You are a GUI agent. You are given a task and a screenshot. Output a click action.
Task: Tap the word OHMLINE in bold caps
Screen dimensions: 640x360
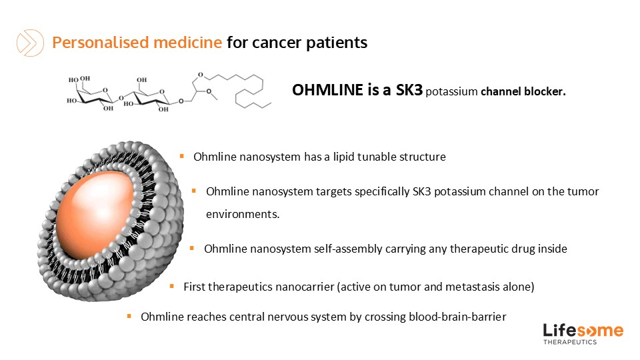point(327,91)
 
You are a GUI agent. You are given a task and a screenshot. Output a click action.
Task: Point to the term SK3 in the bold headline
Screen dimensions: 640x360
point(407,91)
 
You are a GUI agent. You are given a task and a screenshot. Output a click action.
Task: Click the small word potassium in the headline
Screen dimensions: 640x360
point(451,92)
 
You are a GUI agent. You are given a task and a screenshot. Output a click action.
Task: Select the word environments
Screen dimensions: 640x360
point(242,215)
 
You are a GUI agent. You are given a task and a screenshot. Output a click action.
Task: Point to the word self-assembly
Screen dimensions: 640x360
point(348,249)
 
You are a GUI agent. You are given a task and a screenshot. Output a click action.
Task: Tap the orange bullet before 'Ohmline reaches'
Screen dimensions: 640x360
point(129,316)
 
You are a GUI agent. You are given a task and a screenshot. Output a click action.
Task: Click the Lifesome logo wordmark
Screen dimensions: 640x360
point(583,331)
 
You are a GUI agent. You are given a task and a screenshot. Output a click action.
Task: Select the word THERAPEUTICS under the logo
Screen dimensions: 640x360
point(570,342)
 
